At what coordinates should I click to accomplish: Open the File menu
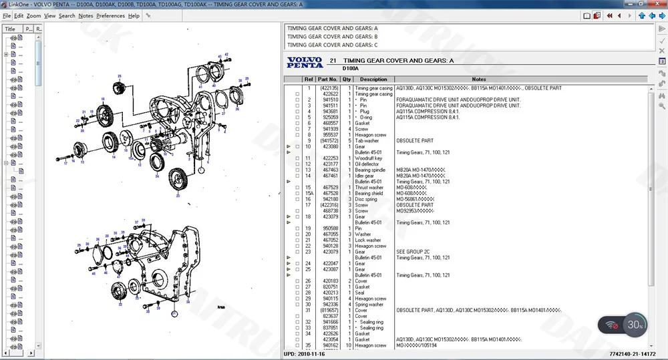pyautogui.click(x=7, y=15)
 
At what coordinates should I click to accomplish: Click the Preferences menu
pyautogui.click(x=110, y=15)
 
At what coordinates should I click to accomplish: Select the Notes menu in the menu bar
pyautogui.click(x=86, y=15)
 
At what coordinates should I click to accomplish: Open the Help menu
pyautogui.click(x=134, y=15)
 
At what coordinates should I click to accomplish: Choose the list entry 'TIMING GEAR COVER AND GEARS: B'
pyautogui.click(x=332, y=37)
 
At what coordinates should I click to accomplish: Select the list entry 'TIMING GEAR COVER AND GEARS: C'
pyautogui.click(x=332, y=45)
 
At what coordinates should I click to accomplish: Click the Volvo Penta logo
pyautogui.click(x=305, y=62)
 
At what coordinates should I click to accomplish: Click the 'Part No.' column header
pyautogui.click(x=328, y=79)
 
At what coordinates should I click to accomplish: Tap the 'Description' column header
pyautogui.click(x=373, y=79)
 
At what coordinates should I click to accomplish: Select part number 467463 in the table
pyautogui.click(x=331, y=170)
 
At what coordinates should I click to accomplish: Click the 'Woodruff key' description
pyautogui.click(x=368, y=158)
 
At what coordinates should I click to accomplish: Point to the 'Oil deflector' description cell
pyautogui.click(x=367, y=164)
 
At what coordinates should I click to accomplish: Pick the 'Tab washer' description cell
pyautogui.click(x=367, y=141)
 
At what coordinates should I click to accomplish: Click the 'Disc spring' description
pyautogui.click(x=367, y=199)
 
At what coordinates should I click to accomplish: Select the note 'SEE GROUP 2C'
pyautogui.click(x=413, y=252)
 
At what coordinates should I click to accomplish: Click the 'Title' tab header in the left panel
pyautogui.click(x=11, y=29)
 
